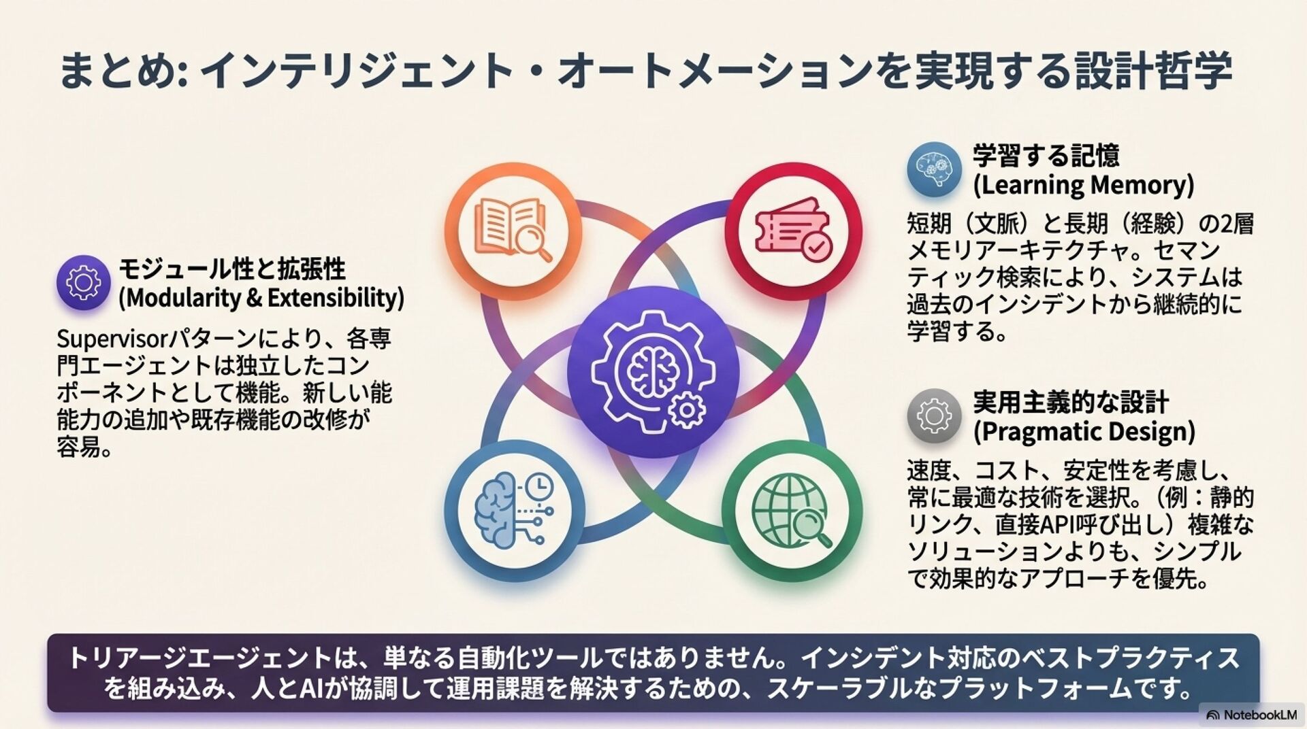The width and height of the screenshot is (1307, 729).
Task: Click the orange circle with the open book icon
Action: pos(513,231)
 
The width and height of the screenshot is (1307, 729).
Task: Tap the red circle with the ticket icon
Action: pos(793,231)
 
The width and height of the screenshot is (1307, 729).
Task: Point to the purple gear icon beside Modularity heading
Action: pos(83,282)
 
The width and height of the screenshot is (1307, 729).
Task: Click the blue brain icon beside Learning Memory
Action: pos(934,169)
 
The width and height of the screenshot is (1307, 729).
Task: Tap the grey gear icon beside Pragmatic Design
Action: pos(934,416)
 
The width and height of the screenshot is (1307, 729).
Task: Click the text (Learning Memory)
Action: pos(1084,185)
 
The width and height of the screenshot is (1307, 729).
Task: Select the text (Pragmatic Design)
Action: pos(1084,432)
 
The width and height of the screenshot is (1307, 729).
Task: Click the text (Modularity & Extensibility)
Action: pos(261,298)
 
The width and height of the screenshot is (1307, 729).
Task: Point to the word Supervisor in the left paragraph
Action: pos(112,339)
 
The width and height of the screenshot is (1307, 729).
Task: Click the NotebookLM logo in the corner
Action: pos(1251,715)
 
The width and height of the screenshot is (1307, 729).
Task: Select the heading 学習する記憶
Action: pos(1046,156)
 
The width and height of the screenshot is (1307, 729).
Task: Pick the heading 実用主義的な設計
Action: pos(1070,403)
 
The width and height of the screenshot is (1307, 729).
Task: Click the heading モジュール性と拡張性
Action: pos(232,269)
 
